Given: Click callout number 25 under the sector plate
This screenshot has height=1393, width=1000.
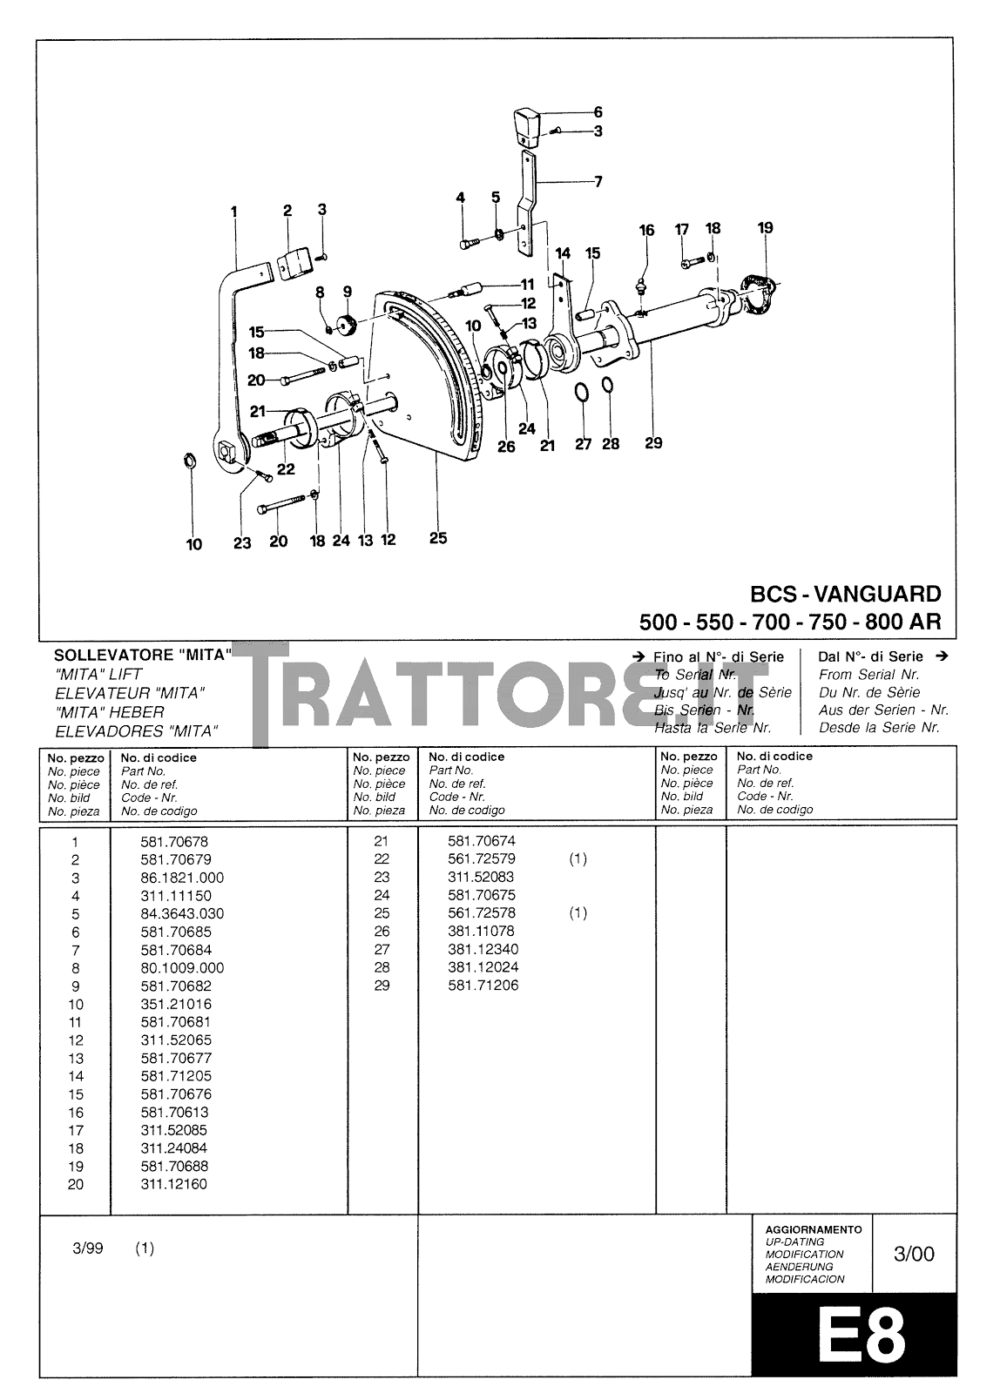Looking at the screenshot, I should (438, 538).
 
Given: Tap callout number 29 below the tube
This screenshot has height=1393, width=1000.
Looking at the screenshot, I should (653, 442).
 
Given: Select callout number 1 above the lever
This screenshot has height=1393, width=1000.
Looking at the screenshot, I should (233, 211).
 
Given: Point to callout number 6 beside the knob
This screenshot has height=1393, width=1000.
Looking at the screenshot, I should (598, 111).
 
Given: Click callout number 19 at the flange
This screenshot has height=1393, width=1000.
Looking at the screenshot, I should (765, 228).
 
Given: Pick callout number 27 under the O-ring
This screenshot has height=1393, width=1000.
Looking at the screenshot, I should (583, 444).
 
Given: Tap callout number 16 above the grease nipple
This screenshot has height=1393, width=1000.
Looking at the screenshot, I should (646, 231).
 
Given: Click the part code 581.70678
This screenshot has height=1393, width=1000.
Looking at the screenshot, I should (174, 842).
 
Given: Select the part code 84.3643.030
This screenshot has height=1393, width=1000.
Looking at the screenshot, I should (182, 914).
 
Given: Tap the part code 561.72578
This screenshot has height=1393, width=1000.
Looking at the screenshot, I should (481, 913).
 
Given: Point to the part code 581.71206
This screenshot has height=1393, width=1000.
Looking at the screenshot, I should (483, 986).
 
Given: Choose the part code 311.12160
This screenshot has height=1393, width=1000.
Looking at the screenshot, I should (174, 1184).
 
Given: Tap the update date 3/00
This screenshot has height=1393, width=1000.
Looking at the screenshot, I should (914, 1254).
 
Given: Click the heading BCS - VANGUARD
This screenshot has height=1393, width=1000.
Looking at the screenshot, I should (845, 595).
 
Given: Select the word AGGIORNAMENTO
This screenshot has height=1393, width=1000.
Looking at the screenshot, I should (813, 1229).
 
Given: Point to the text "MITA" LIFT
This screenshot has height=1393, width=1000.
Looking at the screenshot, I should (98, 675).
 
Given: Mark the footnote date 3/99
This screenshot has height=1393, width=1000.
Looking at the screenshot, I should (89, 1248).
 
